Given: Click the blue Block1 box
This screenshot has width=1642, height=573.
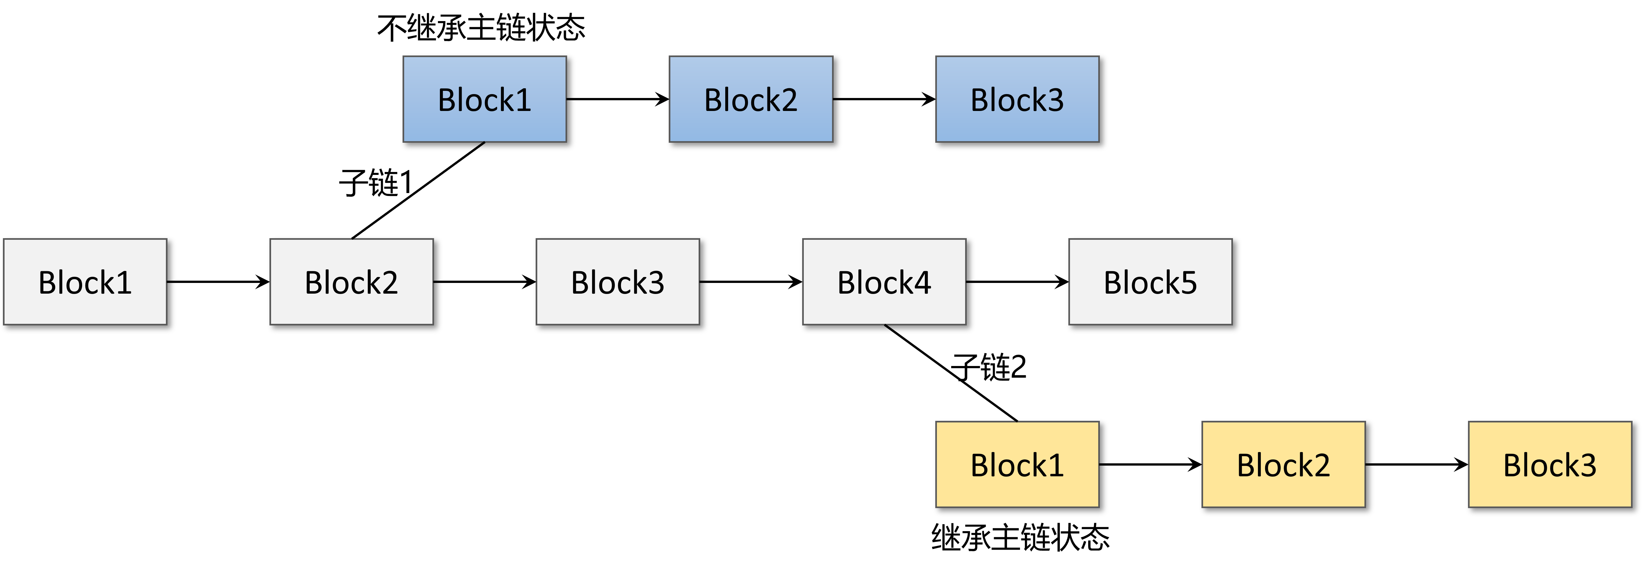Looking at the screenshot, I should (484, 99).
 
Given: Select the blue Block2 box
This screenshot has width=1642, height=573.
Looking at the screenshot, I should (751, 99).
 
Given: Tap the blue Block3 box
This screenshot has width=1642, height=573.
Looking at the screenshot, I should (1017, 99).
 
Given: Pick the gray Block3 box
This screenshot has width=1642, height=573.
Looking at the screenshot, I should (618, 282).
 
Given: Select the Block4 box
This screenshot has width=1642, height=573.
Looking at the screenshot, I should (884, 282).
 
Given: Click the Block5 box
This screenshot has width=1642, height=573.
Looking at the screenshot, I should (1151, 282).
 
